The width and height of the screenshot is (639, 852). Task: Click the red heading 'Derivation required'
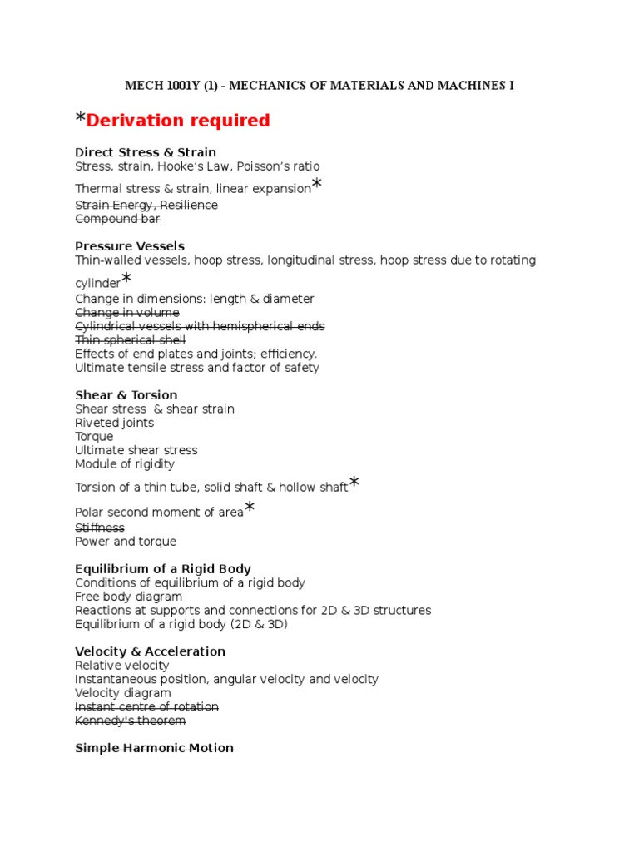178,121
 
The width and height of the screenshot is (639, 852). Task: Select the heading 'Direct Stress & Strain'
146,152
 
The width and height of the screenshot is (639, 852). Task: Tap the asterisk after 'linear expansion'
316,185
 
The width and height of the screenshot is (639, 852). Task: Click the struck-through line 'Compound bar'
117,219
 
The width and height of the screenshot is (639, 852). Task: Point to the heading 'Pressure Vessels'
130,246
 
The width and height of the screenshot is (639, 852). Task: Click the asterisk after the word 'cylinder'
126,279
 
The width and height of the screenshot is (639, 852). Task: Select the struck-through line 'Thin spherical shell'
131,340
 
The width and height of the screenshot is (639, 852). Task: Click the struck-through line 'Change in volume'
127,313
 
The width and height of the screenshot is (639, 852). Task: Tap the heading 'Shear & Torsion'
126,395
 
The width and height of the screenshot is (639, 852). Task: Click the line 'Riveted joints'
115,423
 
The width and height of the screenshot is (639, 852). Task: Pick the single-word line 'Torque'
94,437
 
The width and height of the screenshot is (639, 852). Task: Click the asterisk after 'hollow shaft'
354,483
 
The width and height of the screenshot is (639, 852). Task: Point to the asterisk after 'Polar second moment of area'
250,508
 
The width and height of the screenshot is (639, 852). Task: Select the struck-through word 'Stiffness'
100,528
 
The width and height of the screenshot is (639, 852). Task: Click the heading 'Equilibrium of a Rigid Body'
163,569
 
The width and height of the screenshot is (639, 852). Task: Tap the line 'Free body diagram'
129,597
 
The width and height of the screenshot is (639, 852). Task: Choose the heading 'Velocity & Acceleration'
151,651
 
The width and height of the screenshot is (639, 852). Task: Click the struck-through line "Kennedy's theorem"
131,721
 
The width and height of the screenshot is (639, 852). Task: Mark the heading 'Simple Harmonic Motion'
155,748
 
